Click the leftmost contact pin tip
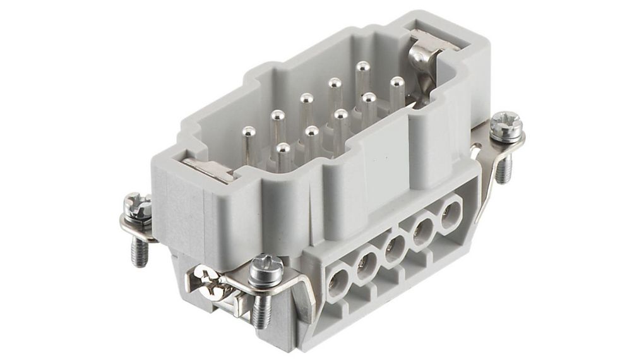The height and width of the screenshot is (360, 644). [249, 132]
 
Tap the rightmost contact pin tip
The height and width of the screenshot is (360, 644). [397, 82]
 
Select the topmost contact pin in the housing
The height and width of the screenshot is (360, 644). [362, 66]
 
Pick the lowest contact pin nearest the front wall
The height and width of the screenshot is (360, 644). [283, 149]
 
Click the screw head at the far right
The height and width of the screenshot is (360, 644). [506, 124]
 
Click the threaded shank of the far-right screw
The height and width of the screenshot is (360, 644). [503, 167]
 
